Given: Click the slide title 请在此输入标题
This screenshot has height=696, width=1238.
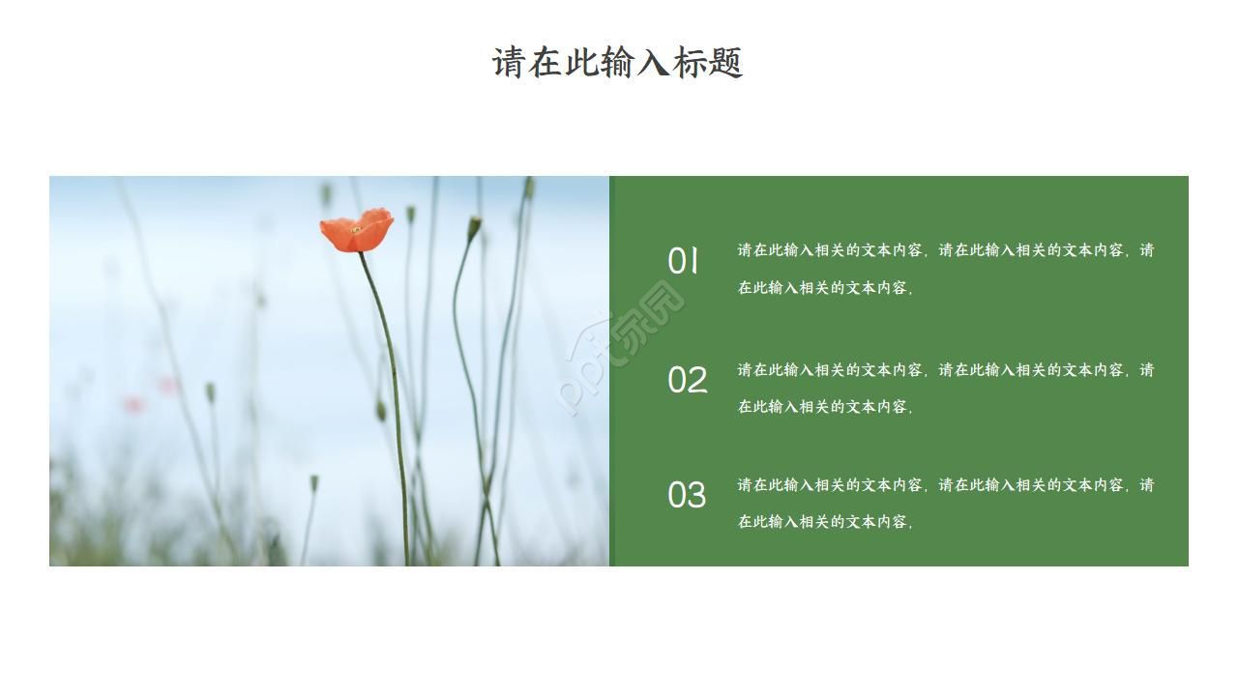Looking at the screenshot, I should click(x=617, y=63).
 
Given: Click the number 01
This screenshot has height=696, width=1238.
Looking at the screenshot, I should click(x=683, y=261).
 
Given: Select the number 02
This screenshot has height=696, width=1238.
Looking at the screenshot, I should click(x=687, y=380).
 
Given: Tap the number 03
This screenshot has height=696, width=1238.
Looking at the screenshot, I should click(x=687, y=495).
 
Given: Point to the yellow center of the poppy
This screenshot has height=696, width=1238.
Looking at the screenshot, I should click(x=356, y=230).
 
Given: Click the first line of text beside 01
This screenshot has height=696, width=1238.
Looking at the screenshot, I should click(x=945, y=250).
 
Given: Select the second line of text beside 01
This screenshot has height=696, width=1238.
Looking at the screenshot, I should click(x=825, y=288).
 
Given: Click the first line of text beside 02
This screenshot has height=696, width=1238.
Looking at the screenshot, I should click(x=945, y=370).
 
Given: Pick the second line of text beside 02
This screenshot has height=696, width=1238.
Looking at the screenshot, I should click(x=825, y=407).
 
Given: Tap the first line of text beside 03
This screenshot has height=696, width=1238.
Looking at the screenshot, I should click(x=945, y=485).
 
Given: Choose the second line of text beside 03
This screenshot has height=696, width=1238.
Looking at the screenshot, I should click(x=825, y=522).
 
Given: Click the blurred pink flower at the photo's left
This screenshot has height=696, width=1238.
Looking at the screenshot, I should click(x=134, y=404).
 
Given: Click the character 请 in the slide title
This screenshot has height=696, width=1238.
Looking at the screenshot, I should click(x=509, y=63).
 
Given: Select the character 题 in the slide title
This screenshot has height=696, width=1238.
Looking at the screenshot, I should click(x=725, y=63).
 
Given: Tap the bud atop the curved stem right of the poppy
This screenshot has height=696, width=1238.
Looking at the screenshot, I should click(x=474, y=228).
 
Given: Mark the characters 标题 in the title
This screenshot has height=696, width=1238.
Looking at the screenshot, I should click(x=707, y=63).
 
